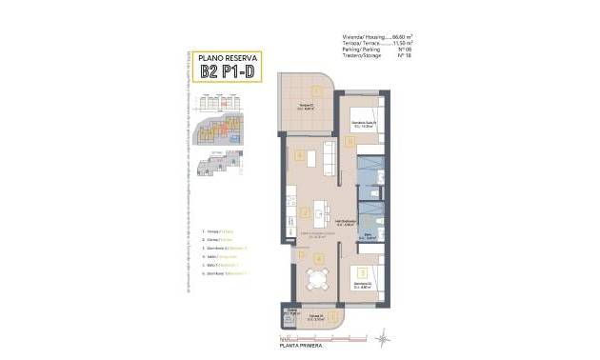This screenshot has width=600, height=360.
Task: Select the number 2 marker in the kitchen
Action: [x=305, y=211]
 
